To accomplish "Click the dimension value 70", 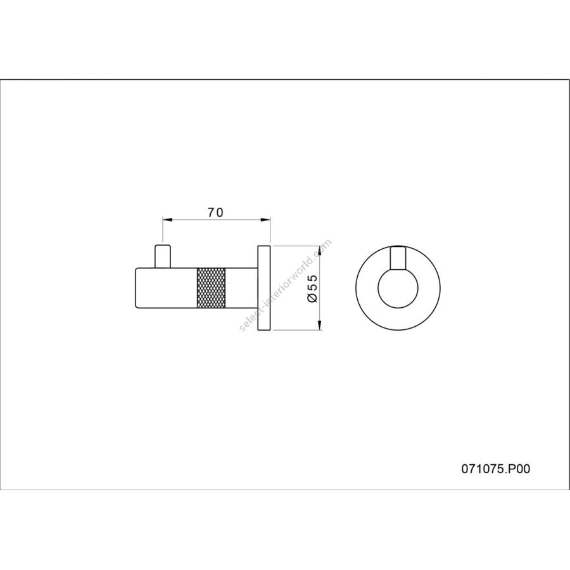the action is pyautogui.click(x=215, y=213).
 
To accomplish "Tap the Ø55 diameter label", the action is pyautogui.click(x=313, y=288).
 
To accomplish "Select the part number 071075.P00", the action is pyautogui.click(x=496, y=469).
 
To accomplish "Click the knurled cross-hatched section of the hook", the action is pyautogui.click(x=211, y=288).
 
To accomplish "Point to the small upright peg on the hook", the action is pyautogui.click(x=163, y=256).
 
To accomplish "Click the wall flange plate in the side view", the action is pyautogui.click(x=264, y=288).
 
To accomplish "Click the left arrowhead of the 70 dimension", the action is pyautogui.click(x=167, y=220).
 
